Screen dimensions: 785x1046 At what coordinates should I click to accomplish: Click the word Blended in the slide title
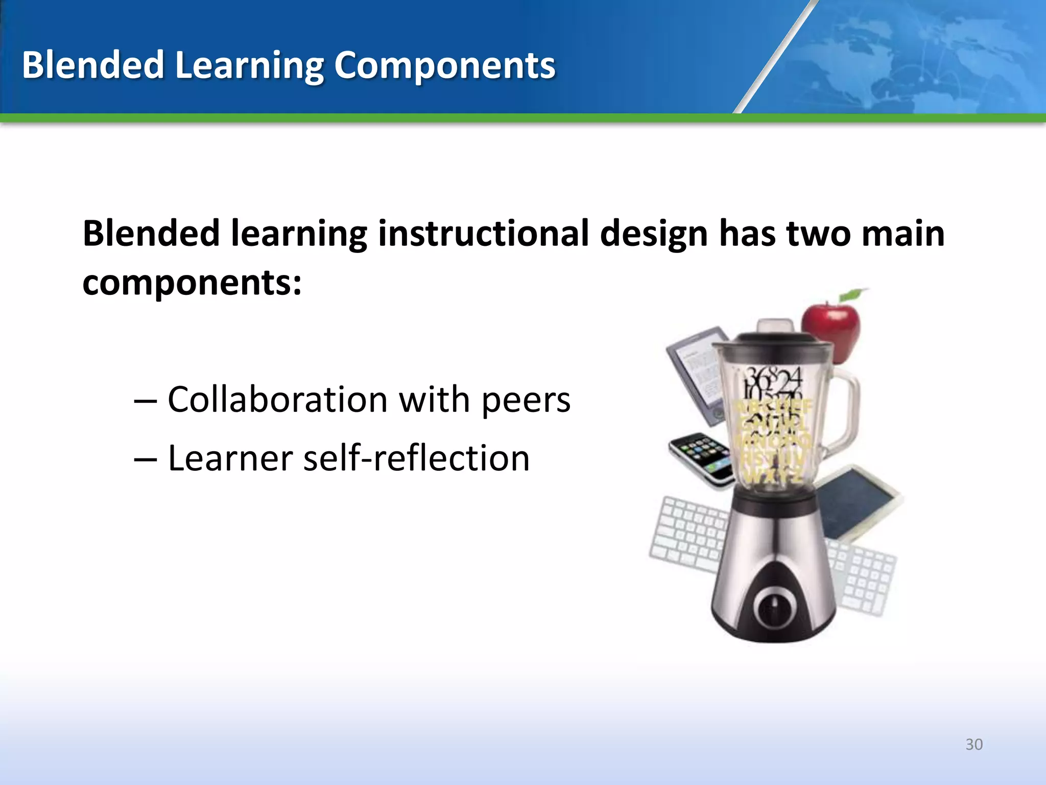click(x=92, y=65)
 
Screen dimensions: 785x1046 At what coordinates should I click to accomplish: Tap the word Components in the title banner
click(x=444, y=65)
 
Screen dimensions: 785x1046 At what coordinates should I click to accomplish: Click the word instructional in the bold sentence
click(x=483, y=233)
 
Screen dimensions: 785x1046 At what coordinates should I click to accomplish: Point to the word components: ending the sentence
click(x=192, y=283)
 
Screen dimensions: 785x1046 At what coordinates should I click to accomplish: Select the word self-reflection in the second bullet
click(x=416, y=458)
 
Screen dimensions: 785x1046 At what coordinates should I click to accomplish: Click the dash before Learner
click(x=145, y=458)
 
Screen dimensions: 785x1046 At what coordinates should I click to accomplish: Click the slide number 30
click(x=974, y=744)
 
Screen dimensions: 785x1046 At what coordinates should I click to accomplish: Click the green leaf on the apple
click(x=852, y=294)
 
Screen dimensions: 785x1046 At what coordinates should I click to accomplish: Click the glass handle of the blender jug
click(x=845, y=409)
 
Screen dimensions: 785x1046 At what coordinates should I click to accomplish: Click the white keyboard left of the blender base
click(x=687, y=534)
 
